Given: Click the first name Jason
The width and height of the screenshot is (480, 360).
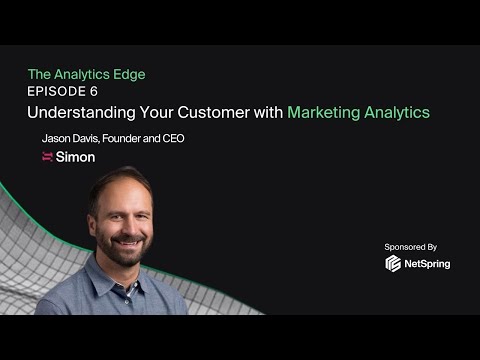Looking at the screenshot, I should pyautogui.click(x=56, y=138).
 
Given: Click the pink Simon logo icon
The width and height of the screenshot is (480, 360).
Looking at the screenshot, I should pyautogui.click(x=47, y=157).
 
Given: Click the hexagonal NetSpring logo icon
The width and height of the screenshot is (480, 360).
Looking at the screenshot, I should pyautogui.click(x=394, y=264).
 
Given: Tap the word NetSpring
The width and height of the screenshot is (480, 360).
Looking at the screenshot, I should pyautogui.click(x=428, y=264).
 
